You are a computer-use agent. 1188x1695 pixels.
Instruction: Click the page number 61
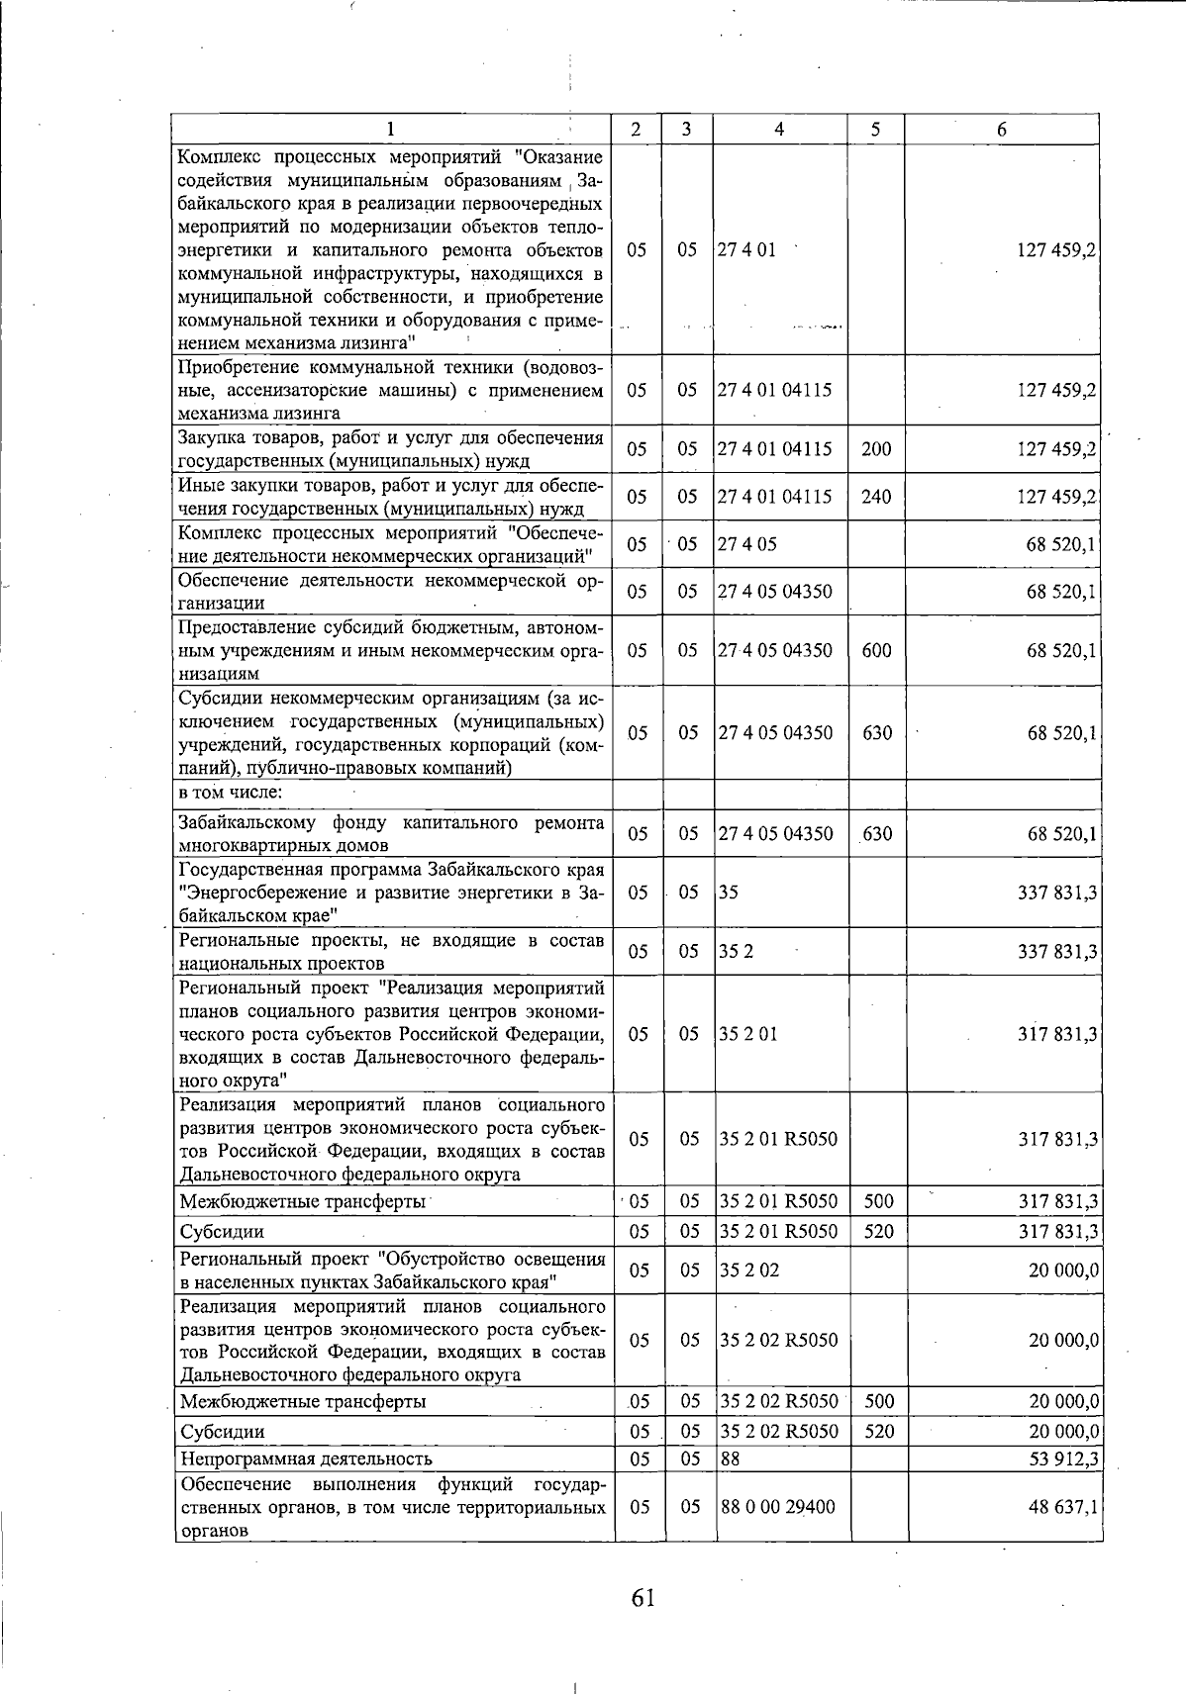click(643, 1597)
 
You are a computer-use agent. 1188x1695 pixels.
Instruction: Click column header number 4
click(779, 130)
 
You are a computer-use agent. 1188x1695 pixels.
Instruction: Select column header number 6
click(1002, 130)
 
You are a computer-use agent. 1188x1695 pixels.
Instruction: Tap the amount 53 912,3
click(1064, 1459)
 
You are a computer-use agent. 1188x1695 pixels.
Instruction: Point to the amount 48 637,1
click(1063, 1507)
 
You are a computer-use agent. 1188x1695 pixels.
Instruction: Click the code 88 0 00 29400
click(777, 1507)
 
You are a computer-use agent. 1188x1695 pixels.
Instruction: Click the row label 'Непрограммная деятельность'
click(306, 1459)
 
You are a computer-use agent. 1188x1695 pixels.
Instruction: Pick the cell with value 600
click(876, 651)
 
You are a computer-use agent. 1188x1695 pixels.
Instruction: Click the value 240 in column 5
click(876, 497)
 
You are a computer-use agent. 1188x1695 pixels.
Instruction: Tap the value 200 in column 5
click(876, 449)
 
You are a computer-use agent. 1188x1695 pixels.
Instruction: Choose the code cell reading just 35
click(730, 893)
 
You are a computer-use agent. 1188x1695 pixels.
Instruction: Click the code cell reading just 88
click(731, 1459)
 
